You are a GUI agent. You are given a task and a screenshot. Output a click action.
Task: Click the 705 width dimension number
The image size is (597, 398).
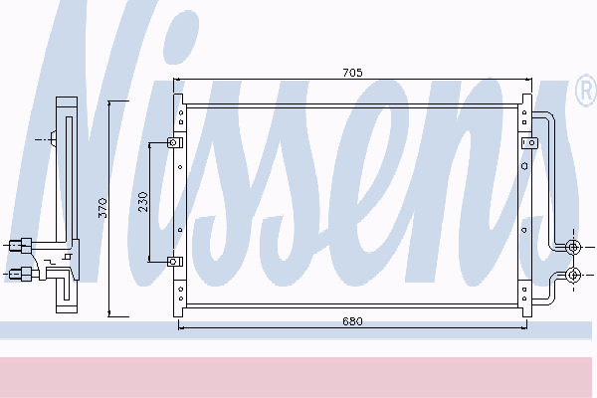(x=352, y=73)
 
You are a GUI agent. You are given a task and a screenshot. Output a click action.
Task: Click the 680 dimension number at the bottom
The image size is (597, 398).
(x=352, y=321)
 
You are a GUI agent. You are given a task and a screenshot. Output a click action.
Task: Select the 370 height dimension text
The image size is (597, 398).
(x=102, y=208)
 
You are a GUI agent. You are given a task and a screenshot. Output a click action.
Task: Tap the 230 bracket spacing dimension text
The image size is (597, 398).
(x=143, y=202)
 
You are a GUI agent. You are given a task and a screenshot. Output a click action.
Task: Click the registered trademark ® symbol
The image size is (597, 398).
(x=586, y=92)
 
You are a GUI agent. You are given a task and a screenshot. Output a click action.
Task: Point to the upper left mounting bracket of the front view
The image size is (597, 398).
(x=175, y=143)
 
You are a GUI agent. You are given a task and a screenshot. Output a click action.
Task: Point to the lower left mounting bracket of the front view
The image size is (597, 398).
(x=175, y=262)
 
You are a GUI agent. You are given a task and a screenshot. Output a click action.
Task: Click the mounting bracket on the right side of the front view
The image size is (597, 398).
(x=529, y=143)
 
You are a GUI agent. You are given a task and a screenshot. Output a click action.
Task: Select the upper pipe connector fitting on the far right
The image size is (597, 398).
(x=573, y=247)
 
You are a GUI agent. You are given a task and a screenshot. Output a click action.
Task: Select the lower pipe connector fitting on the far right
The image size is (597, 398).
(x=573, y=275)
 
